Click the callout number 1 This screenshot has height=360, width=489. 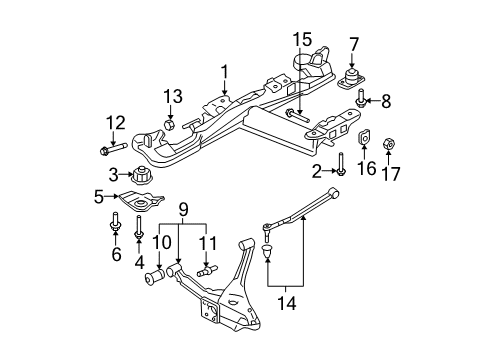225,71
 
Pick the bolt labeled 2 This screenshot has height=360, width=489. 341,162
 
